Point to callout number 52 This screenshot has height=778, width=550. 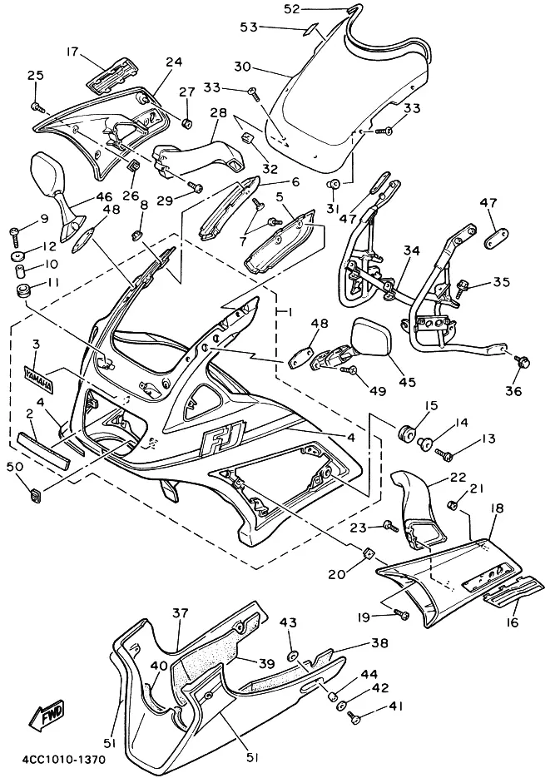[x=291, y=9]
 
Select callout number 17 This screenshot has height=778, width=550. [x=73, y=52]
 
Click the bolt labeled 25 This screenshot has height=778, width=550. [x=37, y=106]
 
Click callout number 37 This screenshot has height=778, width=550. [x=181, y=613]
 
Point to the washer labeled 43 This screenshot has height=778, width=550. [x=293, y=656]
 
